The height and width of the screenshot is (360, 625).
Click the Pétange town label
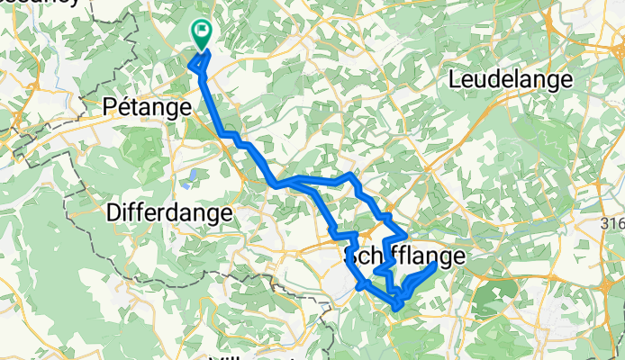147,106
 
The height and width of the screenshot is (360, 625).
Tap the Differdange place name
169,213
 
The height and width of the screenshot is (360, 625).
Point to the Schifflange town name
405,257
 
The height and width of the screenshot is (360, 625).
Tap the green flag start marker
200,35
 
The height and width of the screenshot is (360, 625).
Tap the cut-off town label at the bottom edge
252,355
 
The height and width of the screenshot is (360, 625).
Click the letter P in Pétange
109,106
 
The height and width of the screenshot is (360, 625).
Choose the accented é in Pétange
123,106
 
